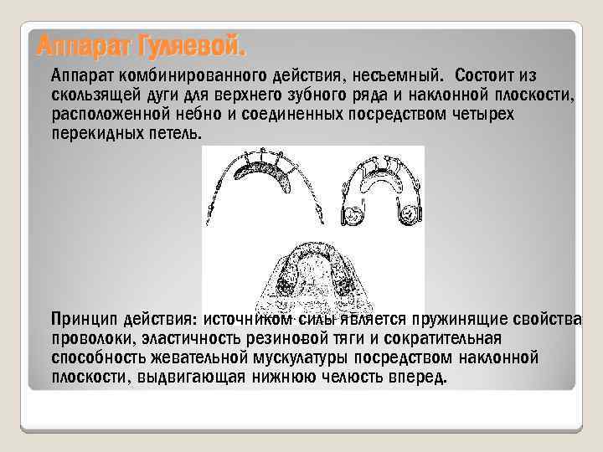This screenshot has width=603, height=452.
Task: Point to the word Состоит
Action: (494, 74)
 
